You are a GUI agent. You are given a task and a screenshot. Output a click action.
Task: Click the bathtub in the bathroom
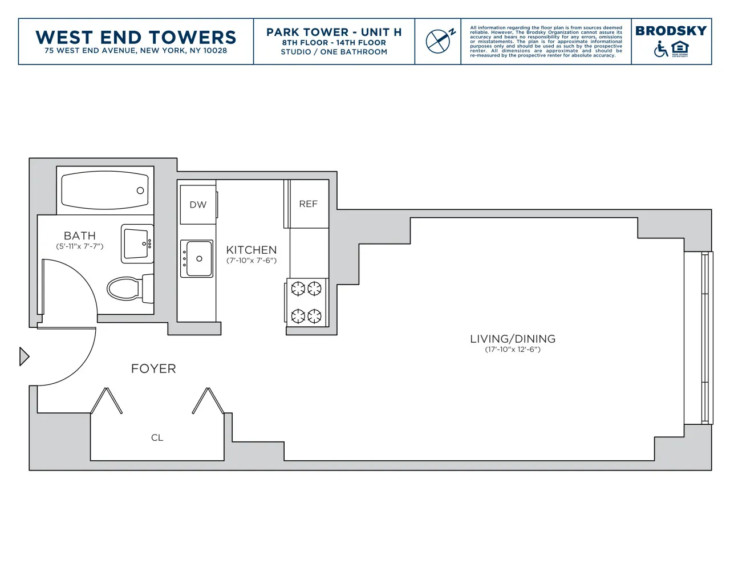coord(105,190)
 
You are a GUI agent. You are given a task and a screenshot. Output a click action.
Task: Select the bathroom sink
coord(137,244)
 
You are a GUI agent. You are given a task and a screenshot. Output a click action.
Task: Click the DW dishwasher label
coord(198,205)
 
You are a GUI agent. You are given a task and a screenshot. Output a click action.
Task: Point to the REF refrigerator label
coord(308,204)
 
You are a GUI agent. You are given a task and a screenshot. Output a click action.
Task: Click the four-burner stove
coord(306,302)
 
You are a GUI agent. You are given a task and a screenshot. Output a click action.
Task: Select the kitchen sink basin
coord(197,259)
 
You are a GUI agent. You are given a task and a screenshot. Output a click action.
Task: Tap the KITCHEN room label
coord(251,250)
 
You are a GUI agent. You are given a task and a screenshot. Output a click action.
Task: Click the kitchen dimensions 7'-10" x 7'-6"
coord(251,261)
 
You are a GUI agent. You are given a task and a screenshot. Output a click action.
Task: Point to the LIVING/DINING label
coord(512,339)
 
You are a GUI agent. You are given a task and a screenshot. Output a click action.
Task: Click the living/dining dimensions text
coord(512,350)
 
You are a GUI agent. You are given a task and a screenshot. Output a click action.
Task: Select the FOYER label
coord(153,368)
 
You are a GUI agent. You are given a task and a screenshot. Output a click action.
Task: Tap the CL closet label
coord(157,437)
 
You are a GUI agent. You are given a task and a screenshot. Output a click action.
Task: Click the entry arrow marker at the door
coord(23,356)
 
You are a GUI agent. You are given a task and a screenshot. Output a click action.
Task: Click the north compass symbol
coord(439,41)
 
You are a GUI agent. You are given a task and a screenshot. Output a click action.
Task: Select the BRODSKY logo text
coord(671,31)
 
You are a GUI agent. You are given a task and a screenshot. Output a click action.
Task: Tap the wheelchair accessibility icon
coord(660,50)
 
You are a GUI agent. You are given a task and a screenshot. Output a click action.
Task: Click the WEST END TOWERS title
coord(136,37)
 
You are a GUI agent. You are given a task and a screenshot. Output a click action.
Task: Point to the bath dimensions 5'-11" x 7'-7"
coord(79,246)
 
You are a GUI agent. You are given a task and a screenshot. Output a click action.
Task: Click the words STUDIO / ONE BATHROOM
coord(334,52)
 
